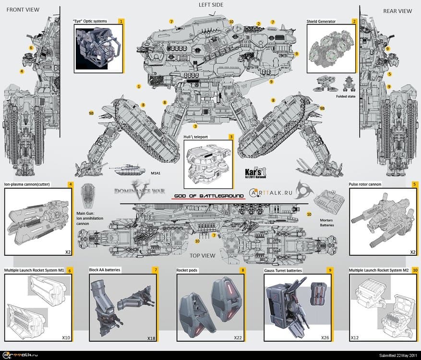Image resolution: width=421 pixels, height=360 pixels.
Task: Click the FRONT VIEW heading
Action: click(x=23, y=10)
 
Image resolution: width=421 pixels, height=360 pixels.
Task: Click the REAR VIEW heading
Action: click(x=397, y=11)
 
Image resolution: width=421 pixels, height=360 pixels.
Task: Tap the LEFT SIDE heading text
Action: click(x=211, y=5)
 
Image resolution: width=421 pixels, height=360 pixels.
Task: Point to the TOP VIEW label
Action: click(x=202, y=255)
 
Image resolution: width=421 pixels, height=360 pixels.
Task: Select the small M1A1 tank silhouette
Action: click(x=126, y=168)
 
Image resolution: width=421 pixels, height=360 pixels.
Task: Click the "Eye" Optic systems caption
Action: click(x=90, y=22)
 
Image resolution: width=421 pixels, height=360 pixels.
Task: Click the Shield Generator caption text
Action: click(x=321, y=22)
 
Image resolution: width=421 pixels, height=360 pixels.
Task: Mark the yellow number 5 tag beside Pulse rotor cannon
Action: click(x=414, y=184)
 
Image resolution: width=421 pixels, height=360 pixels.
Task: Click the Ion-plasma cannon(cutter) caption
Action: click(x=27, y=184)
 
